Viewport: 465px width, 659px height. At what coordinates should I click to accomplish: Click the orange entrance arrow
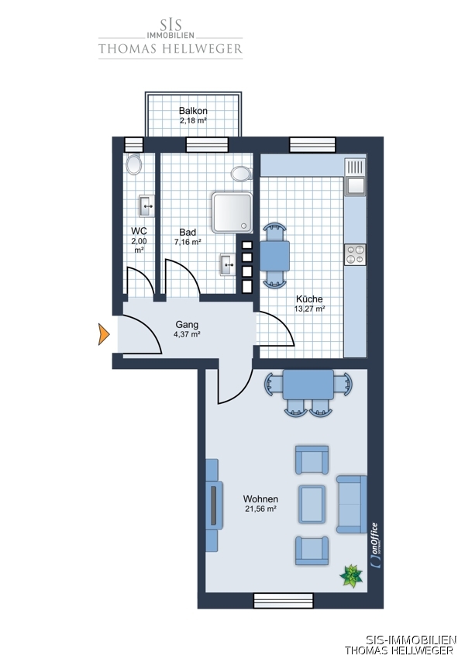click(103, 335)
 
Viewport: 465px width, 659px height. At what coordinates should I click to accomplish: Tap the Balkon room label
click(193, 111)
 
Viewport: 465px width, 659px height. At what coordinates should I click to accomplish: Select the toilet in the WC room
click(134, 164)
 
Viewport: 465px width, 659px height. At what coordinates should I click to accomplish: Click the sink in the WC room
click(147, 206)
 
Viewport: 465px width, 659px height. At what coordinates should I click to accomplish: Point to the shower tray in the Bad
click(232, 212)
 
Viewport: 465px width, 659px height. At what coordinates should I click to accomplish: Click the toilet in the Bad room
click(242, 173)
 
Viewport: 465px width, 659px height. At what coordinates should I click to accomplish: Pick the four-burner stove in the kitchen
click(355, 255)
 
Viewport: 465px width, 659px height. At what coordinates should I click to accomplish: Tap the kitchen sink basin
click(356, 185)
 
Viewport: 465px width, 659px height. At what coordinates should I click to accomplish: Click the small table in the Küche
click(274, 256)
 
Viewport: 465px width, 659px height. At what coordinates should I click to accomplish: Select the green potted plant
click(351, 576)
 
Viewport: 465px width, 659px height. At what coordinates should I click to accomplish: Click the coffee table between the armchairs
click(312, 505)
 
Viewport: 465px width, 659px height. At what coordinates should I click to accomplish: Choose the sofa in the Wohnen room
click(352, 505)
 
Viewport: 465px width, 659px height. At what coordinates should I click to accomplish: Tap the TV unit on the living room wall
click(213, 505)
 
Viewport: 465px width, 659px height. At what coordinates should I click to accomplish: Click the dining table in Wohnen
click(308, 385)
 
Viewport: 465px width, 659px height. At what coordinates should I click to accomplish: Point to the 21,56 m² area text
click(260, 509)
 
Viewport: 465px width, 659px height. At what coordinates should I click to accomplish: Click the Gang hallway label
click(187, 324)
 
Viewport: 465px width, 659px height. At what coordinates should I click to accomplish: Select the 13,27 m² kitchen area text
click(309, 309)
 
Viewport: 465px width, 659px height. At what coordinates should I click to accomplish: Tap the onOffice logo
click(374, 545)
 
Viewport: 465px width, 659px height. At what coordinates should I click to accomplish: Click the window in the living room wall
click(284, 601)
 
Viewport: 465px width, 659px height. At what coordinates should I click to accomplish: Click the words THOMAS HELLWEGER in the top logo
click(170, 49)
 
